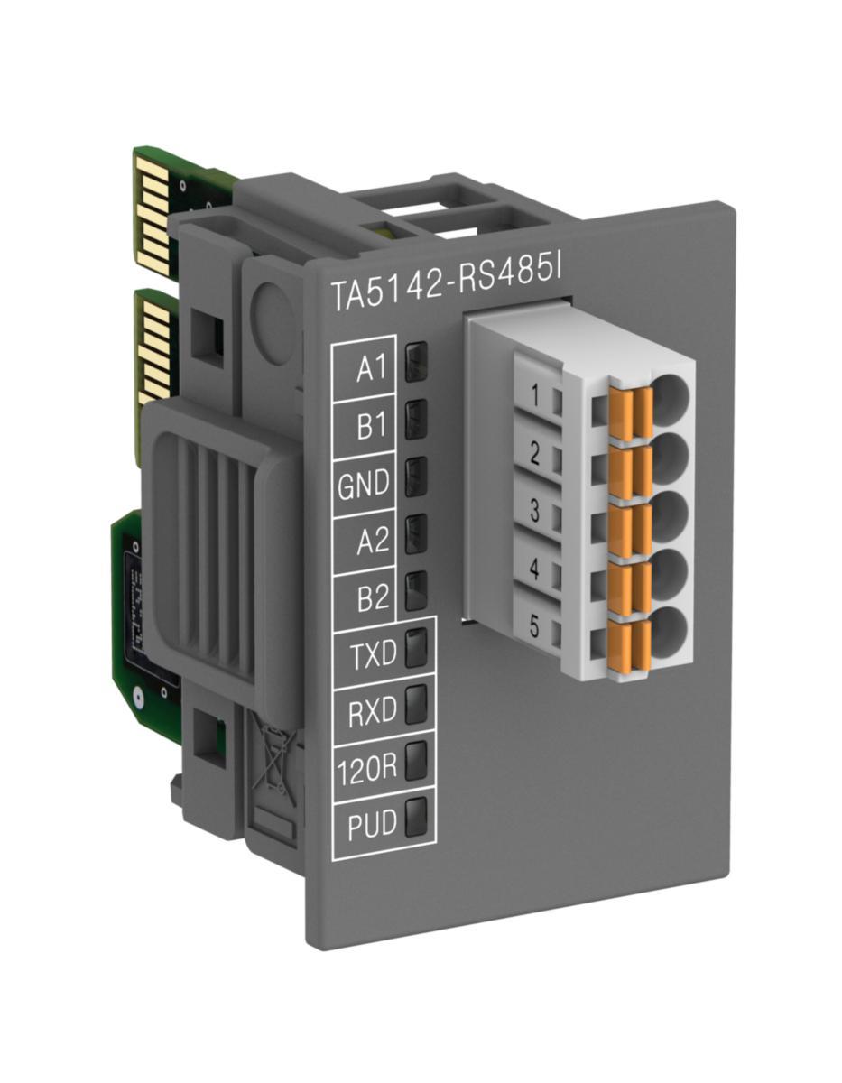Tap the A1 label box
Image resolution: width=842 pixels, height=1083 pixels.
point(365,368)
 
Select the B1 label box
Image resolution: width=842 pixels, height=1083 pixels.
point(365,427)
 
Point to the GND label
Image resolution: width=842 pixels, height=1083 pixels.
point(363,484)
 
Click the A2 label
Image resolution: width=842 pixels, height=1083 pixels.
point(372,541)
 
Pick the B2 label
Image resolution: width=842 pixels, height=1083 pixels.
point(372,597)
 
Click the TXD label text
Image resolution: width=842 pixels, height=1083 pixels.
point(374,655)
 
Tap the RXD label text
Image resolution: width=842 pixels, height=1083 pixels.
point(372,712)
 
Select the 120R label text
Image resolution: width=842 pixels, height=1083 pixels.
point(366,770)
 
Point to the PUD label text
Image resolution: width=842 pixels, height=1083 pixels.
point(372,825)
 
